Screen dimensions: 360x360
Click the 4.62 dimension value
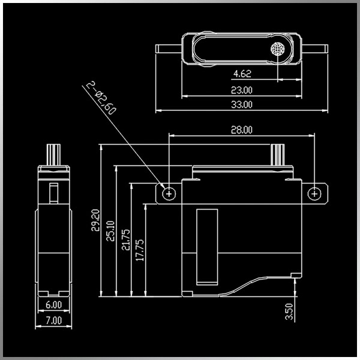(x=242, y=74)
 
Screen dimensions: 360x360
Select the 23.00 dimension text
(x=242, y=90)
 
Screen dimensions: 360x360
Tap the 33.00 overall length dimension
(x=242, y=104)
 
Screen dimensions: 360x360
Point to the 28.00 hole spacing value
(x=242, y=130)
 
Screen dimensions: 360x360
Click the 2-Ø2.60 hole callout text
(x=101, y=98)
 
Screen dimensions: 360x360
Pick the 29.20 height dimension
(x=95, y=220)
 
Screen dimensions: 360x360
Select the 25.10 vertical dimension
(x=110, y=231)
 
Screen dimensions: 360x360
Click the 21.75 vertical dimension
(x=126, y=239)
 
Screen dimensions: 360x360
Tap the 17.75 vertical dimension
(x=140, y=250)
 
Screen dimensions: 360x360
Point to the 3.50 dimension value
(x=289, y=311)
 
